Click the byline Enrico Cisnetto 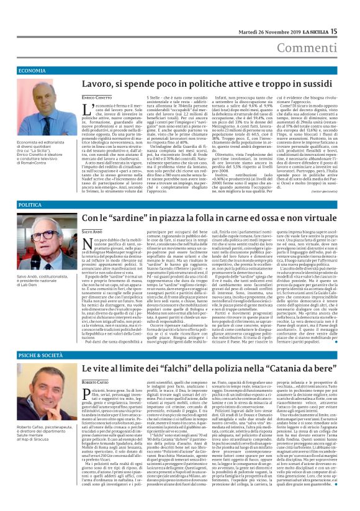[96, 98]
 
